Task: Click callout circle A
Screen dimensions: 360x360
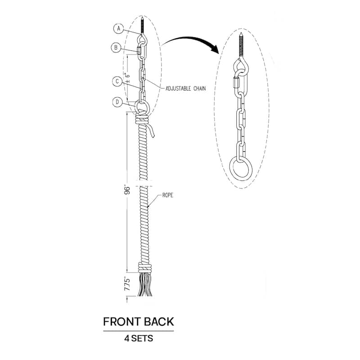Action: pos(119,28)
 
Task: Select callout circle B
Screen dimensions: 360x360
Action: pos(116,48)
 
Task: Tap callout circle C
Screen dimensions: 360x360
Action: pos(117,81)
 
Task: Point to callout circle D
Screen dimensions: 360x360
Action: pos(117,102)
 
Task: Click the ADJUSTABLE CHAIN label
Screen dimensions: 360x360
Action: pos(185,88)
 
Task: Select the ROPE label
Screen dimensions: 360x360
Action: pos(167,195)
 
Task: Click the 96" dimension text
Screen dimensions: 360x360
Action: pos(127,189)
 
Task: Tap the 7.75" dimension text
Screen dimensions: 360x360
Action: pos(127,284)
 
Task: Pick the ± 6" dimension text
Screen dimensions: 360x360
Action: pos(128,78)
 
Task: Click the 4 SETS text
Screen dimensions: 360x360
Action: pos(139,338)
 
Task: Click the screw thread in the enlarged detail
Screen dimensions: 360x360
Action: pos(241,45)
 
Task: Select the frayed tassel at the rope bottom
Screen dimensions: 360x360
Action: pos(144,285)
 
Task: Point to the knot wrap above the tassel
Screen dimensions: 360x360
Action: pos(145,268)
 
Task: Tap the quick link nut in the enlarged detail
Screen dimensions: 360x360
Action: pos(235,83)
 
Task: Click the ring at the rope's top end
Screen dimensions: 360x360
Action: pos(142,107)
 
